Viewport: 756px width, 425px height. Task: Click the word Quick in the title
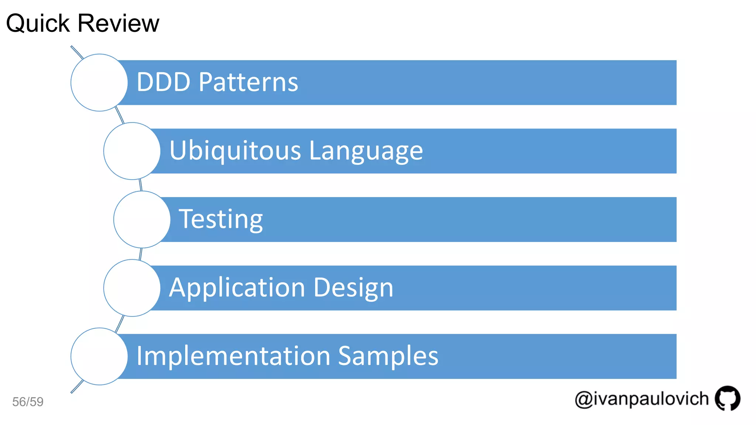38,24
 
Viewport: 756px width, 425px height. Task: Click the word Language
366,151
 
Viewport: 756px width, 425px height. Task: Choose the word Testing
221,220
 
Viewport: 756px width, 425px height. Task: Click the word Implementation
233,356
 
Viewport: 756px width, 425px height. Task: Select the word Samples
388,356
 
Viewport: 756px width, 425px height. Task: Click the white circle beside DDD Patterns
99,83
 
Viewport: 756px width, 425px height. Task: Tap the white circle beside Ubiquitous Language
132,151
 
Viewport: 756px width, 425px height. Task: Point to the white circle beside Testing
142,220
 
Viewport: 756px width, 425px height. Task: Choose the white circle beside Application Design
132,288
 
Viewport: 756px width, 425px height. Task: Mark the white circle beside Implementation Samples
99,356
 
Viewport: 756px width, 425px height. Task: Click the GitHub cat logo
727,398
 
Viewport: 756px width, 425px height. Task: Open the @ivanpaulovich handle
642,399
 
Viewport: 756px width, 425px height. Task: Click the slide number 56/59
28,402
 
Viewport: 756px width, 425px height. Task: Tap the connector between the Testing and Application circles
141,254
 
